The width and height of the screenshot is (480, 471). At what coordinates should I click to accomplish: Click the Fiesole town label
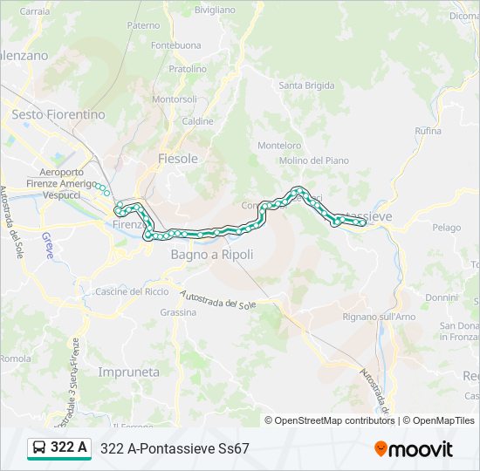(x=177, y=158)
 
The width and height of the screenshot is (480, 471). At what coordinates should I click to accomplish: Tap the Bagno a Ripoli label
(x=211, y=255)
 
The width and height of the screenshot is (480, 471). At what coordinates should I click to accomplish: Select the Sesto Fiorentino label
(x=58, y=114)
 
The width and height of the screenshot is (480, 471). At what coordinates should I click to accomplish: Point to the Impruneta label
(x=129, y=372)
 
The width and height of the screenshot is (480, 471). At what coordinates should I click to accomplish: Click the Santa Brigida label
(x=306, y=85)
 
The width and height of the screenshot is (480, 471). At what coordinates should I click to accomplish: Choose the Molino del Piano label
(x=313, y=160)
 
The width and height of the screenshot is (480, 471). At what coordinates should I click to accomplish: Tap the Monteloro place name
(x=279, y=146)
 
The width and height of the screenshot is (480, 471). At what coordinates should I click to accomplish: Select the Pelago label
(x=446, y=228)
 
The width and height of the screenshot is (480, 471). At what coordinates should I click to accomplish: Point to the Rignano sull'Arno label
(x=380, y=317)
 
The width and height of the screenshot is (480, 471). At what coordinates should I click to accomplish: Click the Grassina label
(x=178, y=311)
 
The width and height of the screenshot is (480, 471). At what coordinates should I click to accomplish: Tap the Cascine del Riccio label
(x=132, y=291)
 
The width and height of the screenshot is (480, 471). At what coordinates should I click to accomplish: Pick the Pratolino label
(x=188, y=68)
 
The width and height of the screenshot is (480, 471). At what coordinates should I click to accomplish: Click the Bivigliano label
(x=215, y=10)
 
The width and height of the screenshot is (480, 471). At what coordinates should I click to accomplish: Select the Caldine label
(x=197, y=121)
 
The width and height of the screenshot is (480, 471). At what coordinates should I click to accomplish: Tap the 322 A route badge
(x=59, y=448)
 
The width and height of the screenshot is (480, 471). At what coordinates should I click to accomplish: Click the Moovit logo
(x=413, y=449)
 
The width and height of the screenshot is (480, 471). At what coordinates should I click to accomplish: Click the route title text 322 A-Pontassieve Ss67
(x=175, y=448)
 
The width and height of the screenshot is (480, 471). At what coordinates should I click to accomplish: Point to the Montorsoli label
(x=175, y=99)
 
